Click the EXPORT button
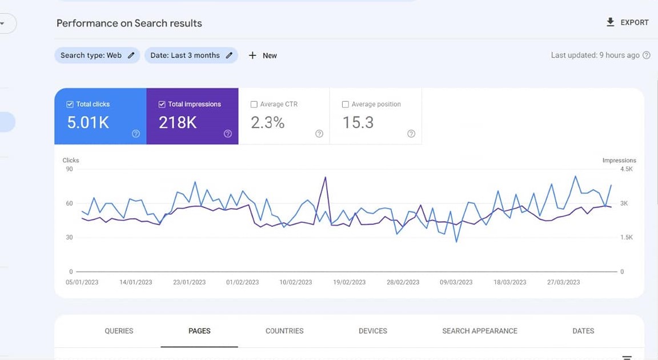627,22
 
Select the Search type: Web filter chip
97,55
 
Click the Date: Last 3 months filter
191,55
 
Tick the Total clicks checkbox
70,105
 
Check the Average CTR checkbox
254,105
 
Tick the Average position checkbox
345,105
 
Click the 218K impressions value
178,122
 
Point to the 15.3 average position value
358,122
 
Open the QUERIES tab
119,331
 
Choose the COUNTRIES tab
284,331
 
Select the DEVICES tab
373,331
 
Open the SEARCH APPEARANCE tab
480,331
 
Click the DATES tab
583,331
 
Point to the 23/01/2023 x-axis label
189,282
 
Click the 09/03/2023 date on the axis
456,282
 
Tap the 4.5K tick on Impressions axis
626,169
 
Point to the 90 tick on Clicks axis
69,169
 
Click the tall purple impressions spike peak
326,177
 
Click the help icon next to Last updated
647,55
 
